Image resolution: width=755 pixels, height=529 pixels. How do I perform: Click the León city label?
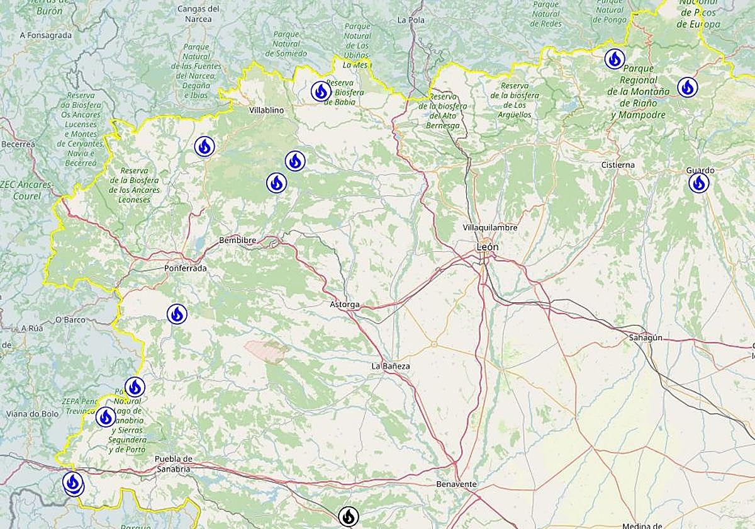pos(488,247)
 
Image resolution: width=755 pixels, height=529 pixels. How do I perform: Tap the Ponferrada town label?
pos(185,268)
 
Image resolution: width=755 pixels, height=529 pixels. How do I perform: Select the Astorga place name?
pos(345,305)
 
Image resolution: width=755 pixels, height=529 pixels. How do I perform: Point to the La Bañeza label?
pos(391,366)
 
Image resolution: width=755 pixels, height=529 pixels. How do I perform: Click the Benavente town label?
pos(456,484)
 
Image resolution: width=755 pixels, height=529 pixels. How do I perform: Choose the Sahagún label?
pos(646,338)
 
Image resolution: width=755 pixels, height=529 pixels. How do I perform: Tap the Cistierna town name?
pos(618,165)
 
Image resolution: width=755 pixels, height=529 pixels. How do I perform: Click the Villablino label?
pos(267,110)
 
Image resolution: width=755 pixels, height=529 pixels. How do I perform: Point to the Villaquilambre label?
pos(489,227)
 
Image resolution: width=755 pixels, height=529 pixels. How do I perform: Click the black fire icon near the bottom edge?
pos(348,516)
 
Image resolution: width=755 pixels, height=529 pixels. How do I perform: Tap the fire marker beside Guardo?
pos(698,183)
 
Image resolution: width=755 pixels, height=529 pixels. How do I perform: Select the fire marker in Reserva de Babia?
pos(321,91)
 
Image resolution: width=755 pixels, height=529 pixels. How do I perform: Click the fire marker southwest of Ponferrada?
pos(177,314)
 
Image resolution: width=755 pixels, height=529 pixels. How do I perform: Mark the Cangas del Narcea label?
pos(199,14)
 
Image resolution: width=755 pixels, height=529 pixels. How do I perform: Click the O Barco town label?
pos(70,320)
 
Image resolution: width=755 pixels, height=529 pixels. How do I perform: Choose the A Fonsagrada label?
pos(46,35)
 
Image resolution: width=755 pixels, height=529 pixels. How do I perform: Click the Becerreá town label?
pos(18,144)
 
